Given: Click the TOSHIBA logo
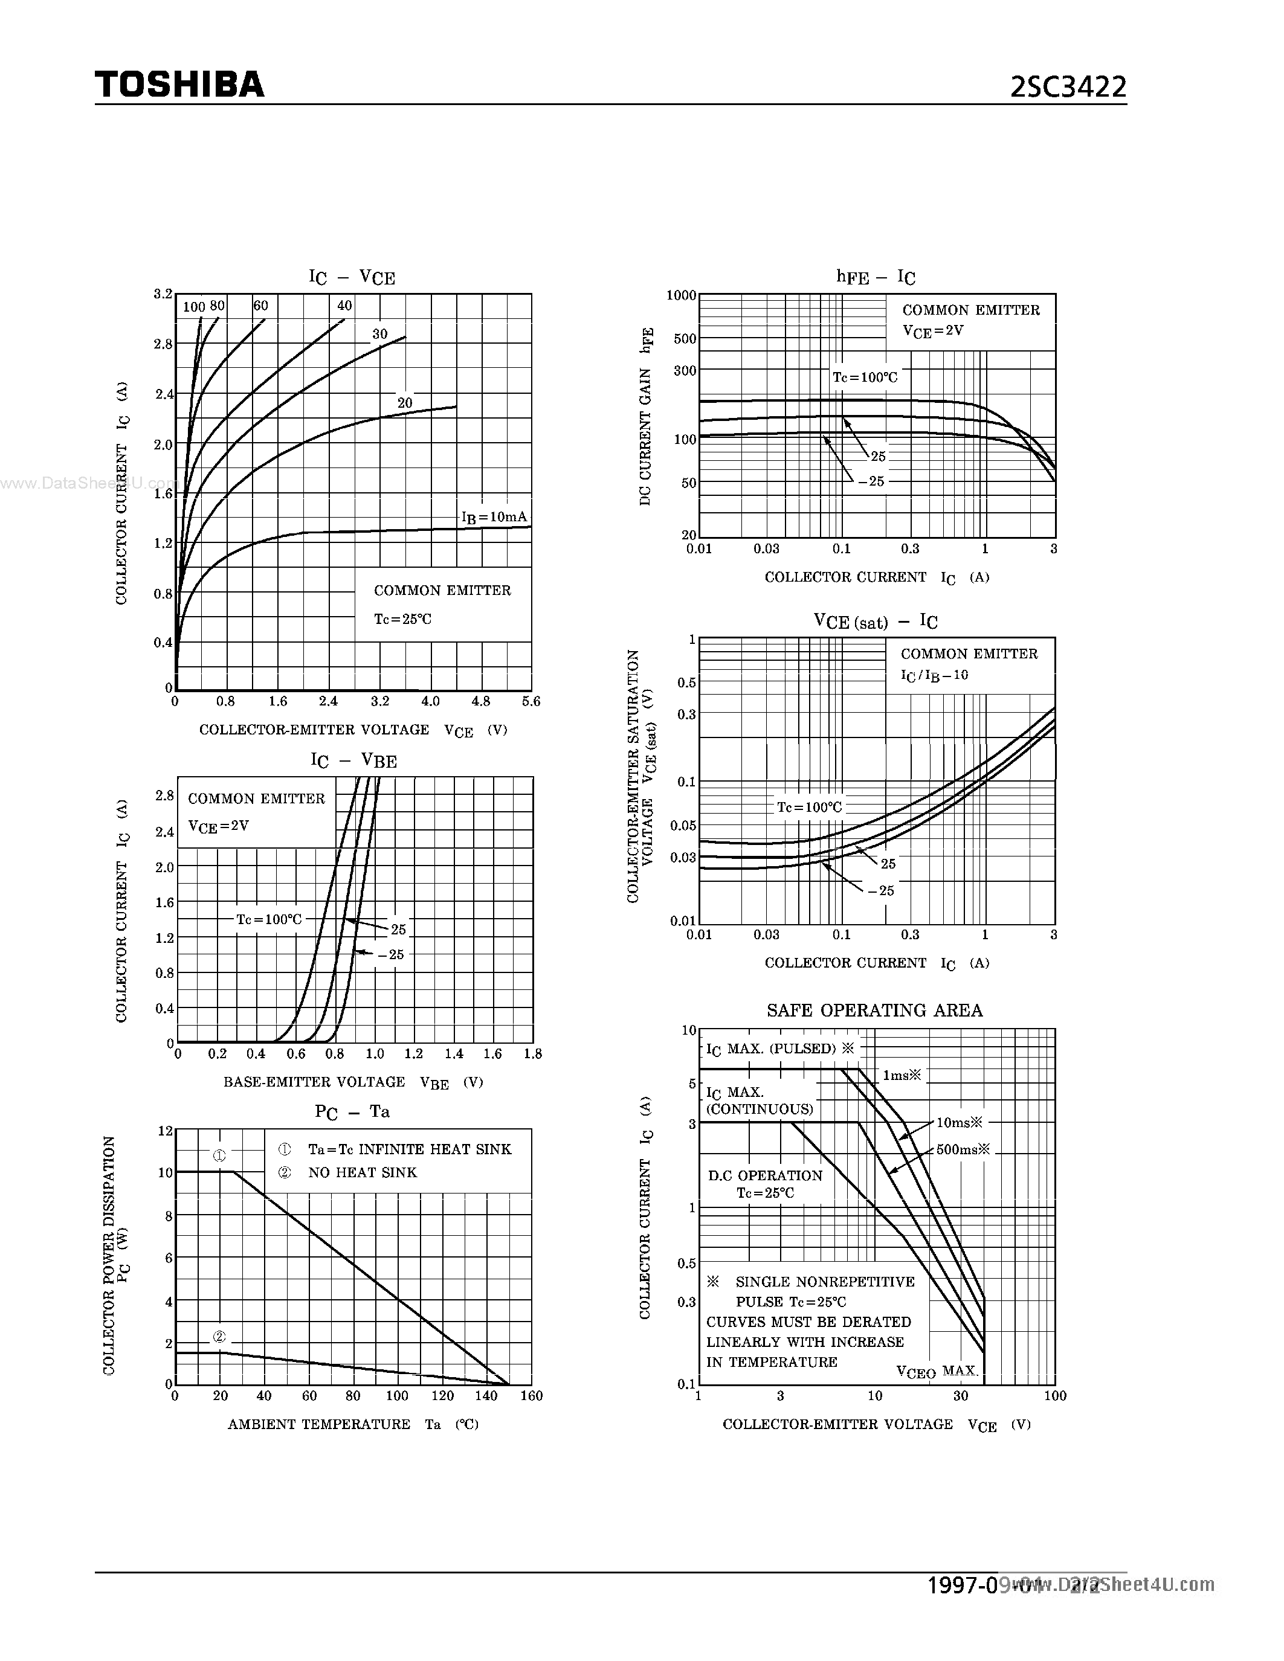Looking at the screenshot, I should point(179,85).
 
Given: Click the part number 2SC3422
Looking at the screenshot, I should point(1067,88).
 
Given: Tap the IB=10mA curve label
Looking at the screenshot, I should point(494,517).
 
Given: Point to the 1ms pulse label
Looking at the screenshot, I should point(902,1075).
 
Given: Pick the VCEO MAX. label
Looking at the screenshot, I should point(937,1371).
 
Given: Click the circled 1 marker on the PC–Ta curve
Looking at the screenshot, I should point(219,1156).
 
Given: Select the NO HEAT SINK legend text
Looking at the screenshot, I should point(362,1173).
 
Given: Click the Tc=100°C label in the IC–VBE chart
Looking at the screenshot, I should point(268,919).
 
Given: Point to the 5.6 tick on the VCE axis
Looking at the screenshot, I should point(531,701).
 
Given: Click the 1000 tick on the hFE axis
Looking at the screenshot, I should point(681,295).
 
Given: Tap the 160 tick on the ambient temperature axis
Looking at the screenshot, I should point(531,1396).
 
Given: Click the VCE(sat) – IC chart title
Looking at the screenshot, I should point(875,622).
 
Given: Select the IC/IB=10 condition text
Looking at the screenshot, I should point(934,675).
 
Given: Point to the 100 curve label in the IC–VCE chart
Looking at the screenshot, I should point(194,306).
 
